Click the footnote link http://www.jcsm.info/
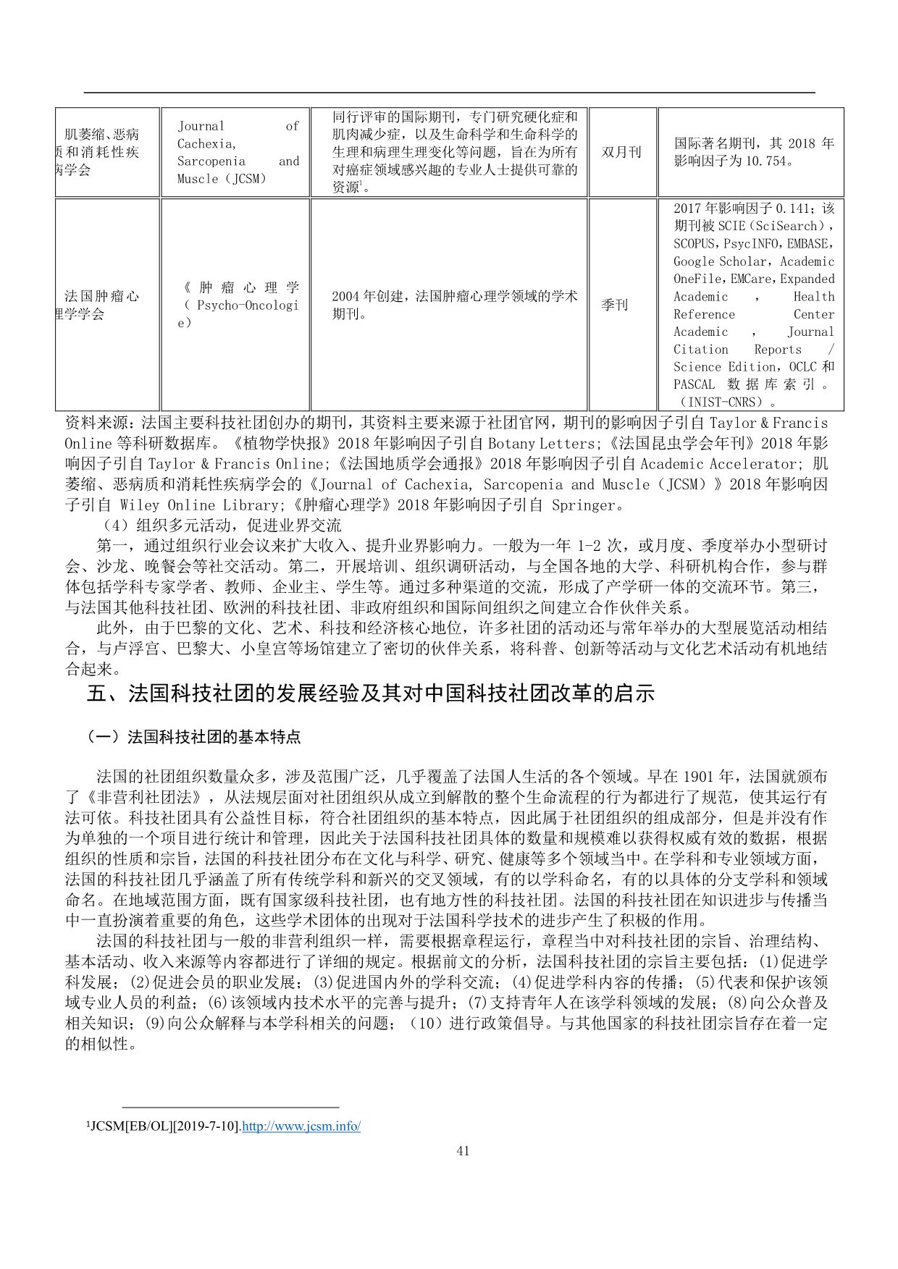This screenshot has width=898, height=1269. point(301,1126)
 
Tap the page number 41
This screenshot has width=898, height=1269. point(463,1151)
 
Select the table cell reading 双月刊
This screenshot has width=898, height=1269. point(621,152)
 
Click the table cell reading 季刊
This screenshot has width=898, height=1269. point(614,305)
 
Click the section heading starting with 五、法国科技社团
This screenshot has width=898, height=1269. point(370,693)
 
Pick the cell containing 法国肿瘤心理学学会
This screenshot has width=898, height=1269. point(101,305)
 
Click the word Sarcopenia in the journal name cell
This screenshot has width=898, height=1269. point(211,161)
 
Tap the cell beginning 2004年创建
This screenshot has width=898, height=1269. point(454,305)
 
